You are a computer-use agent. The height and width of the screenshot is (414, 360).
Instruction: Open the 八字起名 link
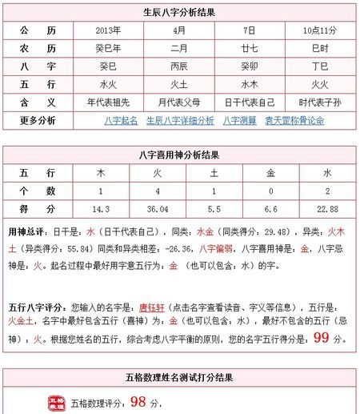click(x=121, y=121)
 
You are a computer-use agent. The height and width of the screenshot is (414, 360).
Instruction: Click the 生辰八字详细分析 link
click(x=180, y=121)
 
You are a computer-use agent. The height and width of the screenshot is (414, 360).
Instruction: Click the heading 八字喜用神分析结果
click(x=179, y=155)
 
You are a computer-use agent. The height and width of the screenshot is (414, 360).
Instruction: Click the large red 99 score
click(x=322, y=337)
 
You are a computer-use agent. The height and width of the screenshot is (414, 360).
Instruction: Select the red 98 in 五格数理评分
click(x=138, y=401)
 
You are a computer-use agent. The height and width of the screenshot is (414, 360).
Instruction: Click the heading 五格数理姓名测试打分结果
click(x=179, y=376)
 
